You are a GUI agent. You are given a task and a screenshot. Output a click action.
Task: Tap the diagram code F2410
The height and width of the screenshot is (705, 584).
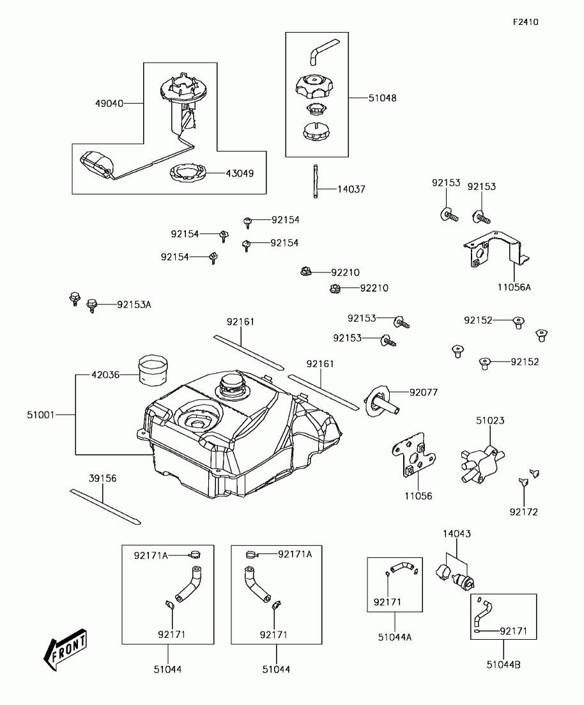tap(525, 22)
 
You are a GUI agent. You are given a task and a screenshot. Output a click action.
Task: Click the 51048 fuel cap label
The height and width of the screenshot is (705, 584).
tap(382, 99)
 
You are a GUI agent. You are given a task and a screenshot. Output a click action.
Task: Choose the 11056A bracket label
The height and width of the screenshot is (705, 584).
tap(515, 288)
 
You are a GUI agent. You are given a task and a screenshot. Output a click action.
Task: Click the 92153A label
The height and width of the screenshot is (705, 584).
tap(134, 305)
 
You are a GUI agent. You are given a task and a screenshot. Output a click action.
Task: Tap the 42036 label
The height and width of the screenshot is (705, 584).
tap(105, 376)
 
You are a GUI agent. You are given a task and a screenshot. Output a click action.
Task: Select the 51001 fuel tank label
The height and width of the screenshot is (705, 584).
tap(42, 415)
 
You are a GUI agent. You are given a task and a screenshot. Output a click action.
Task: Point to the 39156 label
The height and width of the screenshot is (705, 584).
tap(103, 478)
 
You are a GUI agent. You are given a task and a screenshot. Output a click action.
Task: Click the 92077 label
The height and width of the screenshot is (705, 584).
tap(424, 392)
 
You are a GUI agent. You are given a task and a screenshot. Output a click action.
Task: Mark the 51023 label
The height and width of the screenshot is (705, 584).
tap(490, 421)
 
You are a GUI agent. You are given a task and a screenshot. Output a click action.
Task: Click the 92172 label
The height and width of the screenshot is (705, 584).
tap(523, 512)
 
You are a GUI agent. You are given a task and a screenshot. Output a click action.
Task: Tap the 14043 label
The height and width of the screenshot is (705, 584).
tap(457, 534)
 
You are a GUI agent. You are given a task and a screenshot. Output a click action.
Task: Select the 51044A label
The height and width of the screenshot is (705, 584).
tap(394, 637)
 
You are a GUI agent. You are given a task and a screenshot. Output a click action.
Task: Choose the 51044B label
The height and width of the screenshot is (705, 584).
tap(503, 665)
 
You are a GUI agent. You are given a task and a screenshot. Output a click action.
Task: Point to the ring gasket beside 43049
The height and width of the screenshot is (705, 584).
tap(188, 173)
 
